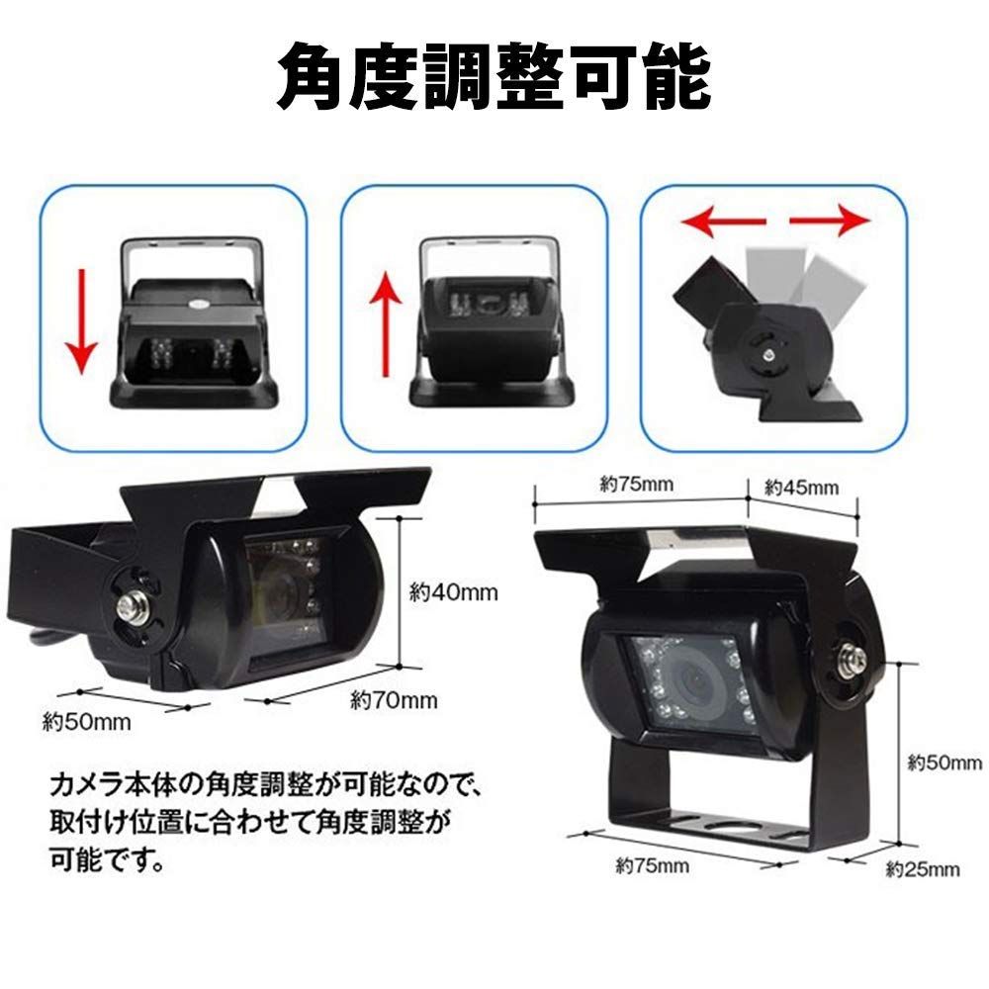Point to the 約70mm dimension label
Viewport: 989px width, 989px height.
click(394, 701)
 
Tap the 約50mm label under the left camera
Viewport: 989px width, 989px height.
click(87, 720)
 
